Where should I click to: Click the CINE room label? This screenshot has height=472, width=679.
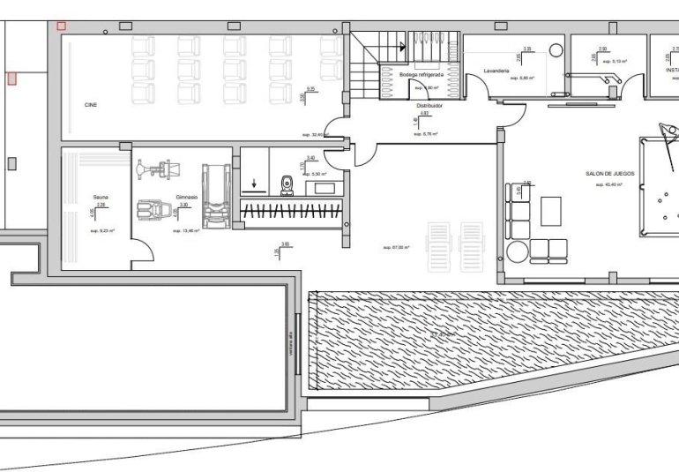pyautogui.click(x=91, y=104)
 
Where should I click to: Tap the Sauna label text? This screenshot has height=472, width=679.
pyautogui.click(x=100, y=197)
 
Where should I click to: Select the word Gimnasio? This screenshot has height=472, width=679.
pyautogui.click(x=186, y=197)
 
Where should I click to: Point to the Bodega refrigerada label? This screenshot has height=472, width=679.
pyautogui.click(x=421, y=75)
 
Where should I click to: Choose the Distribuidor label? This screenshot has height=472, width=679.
pyautogui.click(x=429, y=104)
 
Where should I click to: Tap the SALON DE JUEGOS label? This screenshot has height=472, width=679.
pyautogui.click(x=609, y=174)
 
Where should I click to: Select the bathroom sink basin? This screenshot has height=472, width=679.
pyautogui.click(x=325, y=187)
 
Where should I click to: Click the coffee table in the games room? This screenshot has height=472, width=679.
pyautogui.click(x=551, y=210)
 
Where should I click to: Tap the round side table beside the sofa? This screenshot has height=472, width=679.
pyautogui.click(x=516, y=252)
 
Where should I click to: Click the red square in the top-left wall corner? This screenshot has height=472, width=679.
pyautogui.click(x=61, y=26)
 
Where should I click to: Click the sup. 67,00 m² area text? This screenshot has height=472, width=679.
pyautogui.click(x=396, y=247)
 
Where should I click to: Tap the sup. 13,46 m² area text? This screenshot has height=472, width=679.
pyautogui.click(x=186, y=230)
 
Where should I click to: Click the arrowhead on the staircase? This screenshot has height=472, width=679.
pyautogui.click(x=402, y=47)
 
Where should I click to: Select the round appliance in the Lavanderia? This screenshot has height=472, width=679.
pyautogui.click(x=556, y=50)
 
